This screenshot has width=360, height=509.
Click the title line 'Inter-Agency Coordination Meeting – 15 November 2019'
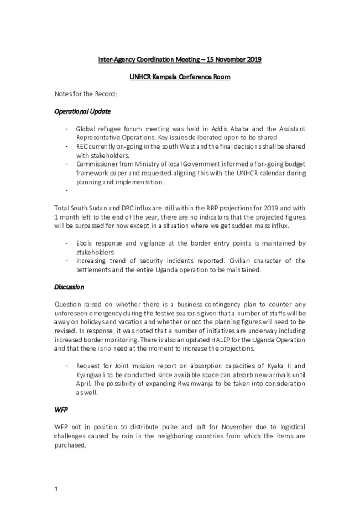coord(180,59)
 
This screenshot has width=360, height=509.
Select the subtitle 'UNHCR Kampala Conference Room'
coord(180,77)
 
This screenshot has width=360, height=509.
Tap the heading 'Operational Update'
coord(83,111)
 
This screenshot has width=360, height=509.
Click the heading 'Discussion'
coord(69,287)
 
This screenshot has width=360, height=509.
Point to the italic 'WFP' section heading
coord(61,410)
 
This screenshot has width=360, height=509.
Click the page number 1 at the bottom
coord(56,489)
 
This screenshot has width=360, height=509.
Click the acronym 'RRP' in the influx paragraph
coord(212,208)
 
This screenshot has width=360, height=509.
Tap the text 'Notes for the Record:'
coord(86,94)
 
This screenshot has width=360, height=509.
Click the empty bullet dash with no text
coord(66,190)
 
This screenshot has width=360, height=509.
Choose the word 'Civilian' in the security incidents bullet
coord(239,261)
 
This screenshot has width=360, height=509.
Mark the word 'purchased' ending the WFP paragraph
coord(70,445)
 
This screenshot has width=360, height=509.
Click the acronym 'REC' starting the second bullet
coord(82,146)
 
